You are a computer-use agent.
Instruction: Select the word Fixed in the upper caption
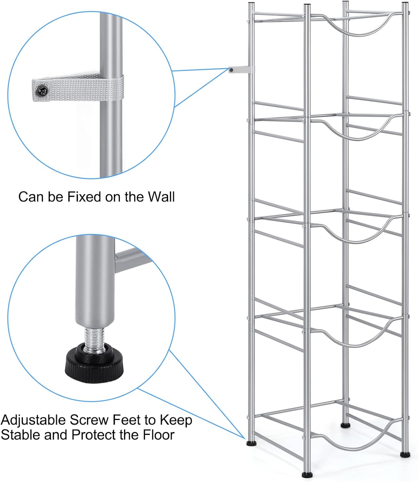(x=84, y=197)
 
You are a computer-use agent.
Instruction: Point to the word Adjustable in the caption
(x=34, y=420)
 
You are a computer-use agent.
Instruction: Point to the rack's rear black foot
(x=345, y=425)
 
